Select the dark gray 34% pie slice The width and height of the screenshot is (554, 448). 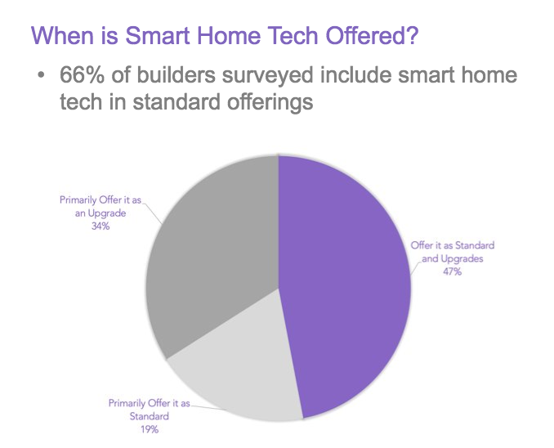tap(212, 248)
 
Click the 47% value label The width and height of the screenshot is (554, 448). tap(452, 271)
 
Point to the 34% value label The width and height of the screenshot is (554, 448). tap(101, 226)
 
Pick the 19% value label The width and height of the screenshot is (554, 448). tap(150, 430)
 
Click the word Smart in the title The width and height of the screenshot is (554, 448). tap(158, 35)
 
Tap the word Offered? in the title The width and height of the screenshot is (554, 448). tap(372, 35)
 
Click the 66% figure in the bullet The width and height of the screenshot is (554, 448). tap(82, 75)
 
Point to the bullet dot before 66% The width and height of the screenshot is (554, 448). tap(42, 75)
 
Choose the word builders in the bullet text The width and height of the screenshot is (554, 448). tap(176, 75)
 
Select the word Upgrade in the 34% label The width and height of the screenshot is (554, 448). tap(107, 213)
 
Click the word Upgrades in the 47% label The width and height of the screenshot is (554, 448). tap(462, 259)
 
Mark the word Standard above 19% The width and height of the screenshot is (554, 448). tap(150, 416)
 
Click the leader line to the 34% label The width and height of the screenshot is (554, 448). tap(152, 213)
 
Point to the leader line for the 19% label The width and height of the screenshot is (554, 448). tap(208, 407)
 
